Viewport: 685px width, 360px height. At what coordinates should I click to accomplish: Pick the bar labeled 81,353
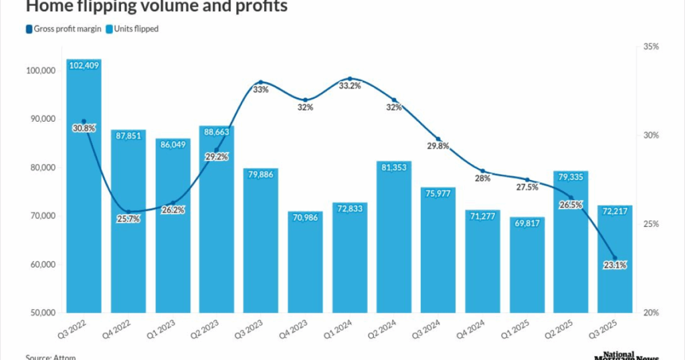coord(394,241)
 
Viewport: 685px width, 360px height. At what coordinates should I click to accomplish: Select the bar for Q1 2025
coord(527,268)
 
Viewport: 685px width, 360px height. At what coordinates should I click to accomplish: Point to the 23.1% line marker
coord(615,258)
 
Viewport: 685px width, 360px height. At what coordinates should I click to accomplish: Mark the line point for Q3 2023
coord(261,82)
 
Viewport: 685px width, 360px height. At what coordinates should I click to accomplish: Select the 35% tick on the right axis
coord(651,47)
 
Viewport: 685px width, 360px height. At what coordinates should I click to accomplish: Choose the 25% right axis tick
coord(651,224)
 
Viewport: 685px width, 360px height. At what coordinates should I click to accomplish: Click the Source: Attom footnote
coord(51,357)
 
